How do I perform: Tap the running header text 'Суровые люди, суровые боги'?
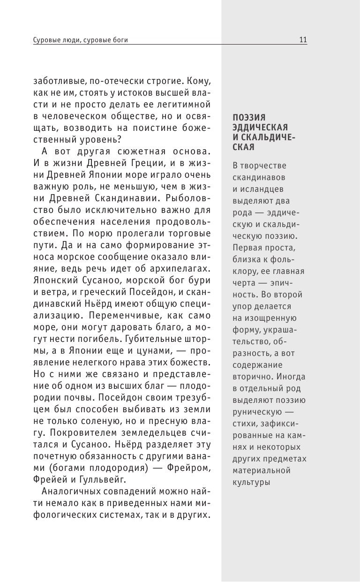pos(81,40)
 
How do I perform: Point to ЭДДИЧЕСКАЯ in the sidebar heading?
pos(260,127)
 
